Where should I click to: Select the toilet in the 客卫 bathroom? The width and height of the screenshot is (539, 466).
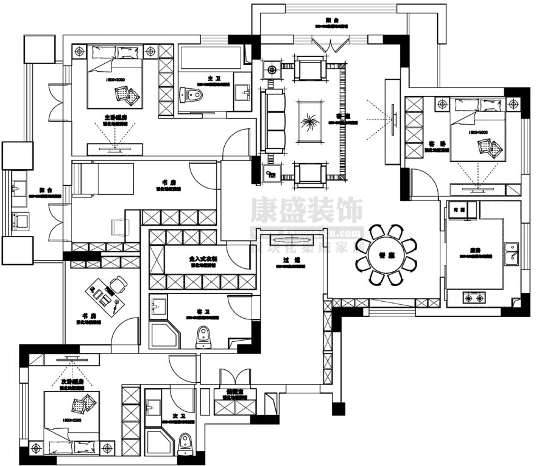pos(203,335)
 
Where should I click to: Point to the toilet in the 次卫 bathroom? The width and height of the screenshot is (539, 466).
pos(186,447)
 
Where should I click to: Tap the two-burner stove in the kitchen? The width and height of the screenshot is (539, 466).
pos(474,297)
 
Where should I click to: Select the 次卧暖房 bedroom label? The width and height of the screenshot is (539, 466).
pos(72,382)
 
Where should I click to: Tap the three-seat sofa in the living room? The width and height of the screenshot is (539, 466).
pos(275,122)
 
